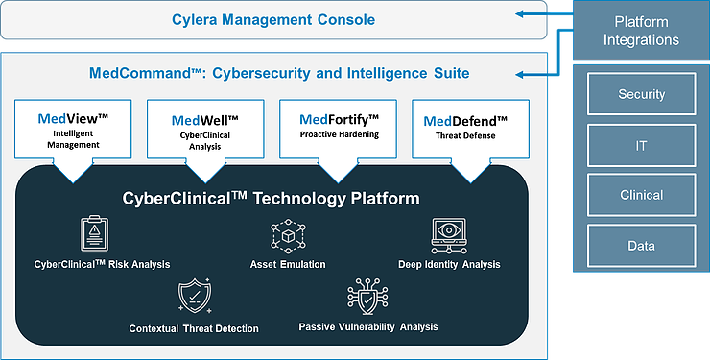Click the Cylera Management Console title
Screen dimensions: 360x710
(273, 19)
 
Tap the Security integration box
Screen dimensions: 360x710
(641, 96)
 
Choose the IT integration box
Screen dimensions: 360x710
(641, 145)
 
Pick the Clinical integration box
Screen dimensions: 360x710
(641, 195)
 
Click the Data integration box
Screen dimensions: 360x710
(641, 246)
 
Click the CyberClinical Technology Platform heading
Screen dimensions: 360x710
(271, 199)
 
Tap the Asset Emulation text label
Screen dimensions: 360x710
(288, 264)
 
